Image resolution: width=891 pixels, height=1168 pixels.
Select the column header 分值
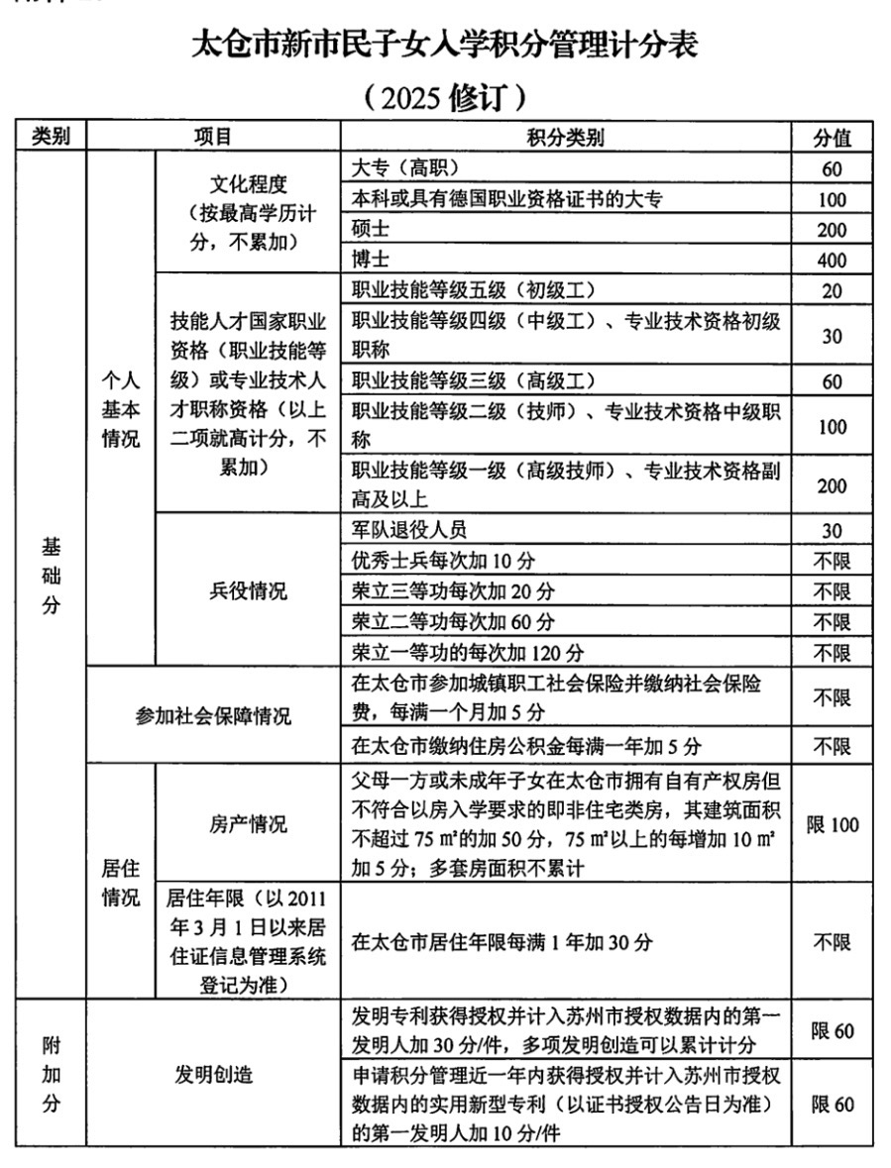tap(832, 137)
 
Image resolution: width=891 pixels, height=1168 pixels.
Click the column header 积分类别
tap(565, 137)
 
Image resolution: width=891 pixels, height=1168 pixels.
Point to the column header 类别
tap(51, 137)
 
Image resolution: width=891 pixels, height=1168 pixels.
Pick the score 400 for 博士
tap(832, 261)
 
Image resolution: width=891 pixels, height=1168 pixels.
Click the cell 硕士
tap(373, 230)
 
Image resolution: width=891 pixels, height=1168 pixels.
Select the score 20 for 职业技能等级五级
tap(832, 291)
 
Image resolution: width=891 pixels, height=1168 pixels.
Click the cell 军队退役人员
tap(409, 530)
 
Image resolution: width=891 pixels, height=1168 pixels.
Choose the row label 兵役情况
tap(248, 591)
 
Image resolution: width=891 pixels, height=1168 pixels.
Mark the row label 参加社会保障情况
tap(213, 715)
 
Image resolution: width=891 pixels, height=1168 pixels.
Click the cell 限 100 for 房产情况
tap(832, 824)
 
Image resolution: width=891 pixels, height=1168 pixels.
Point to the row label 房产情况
tap(248, 824)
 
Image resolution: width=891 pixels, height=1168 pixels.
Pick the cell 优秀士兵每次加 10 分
tap(443, 561)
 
